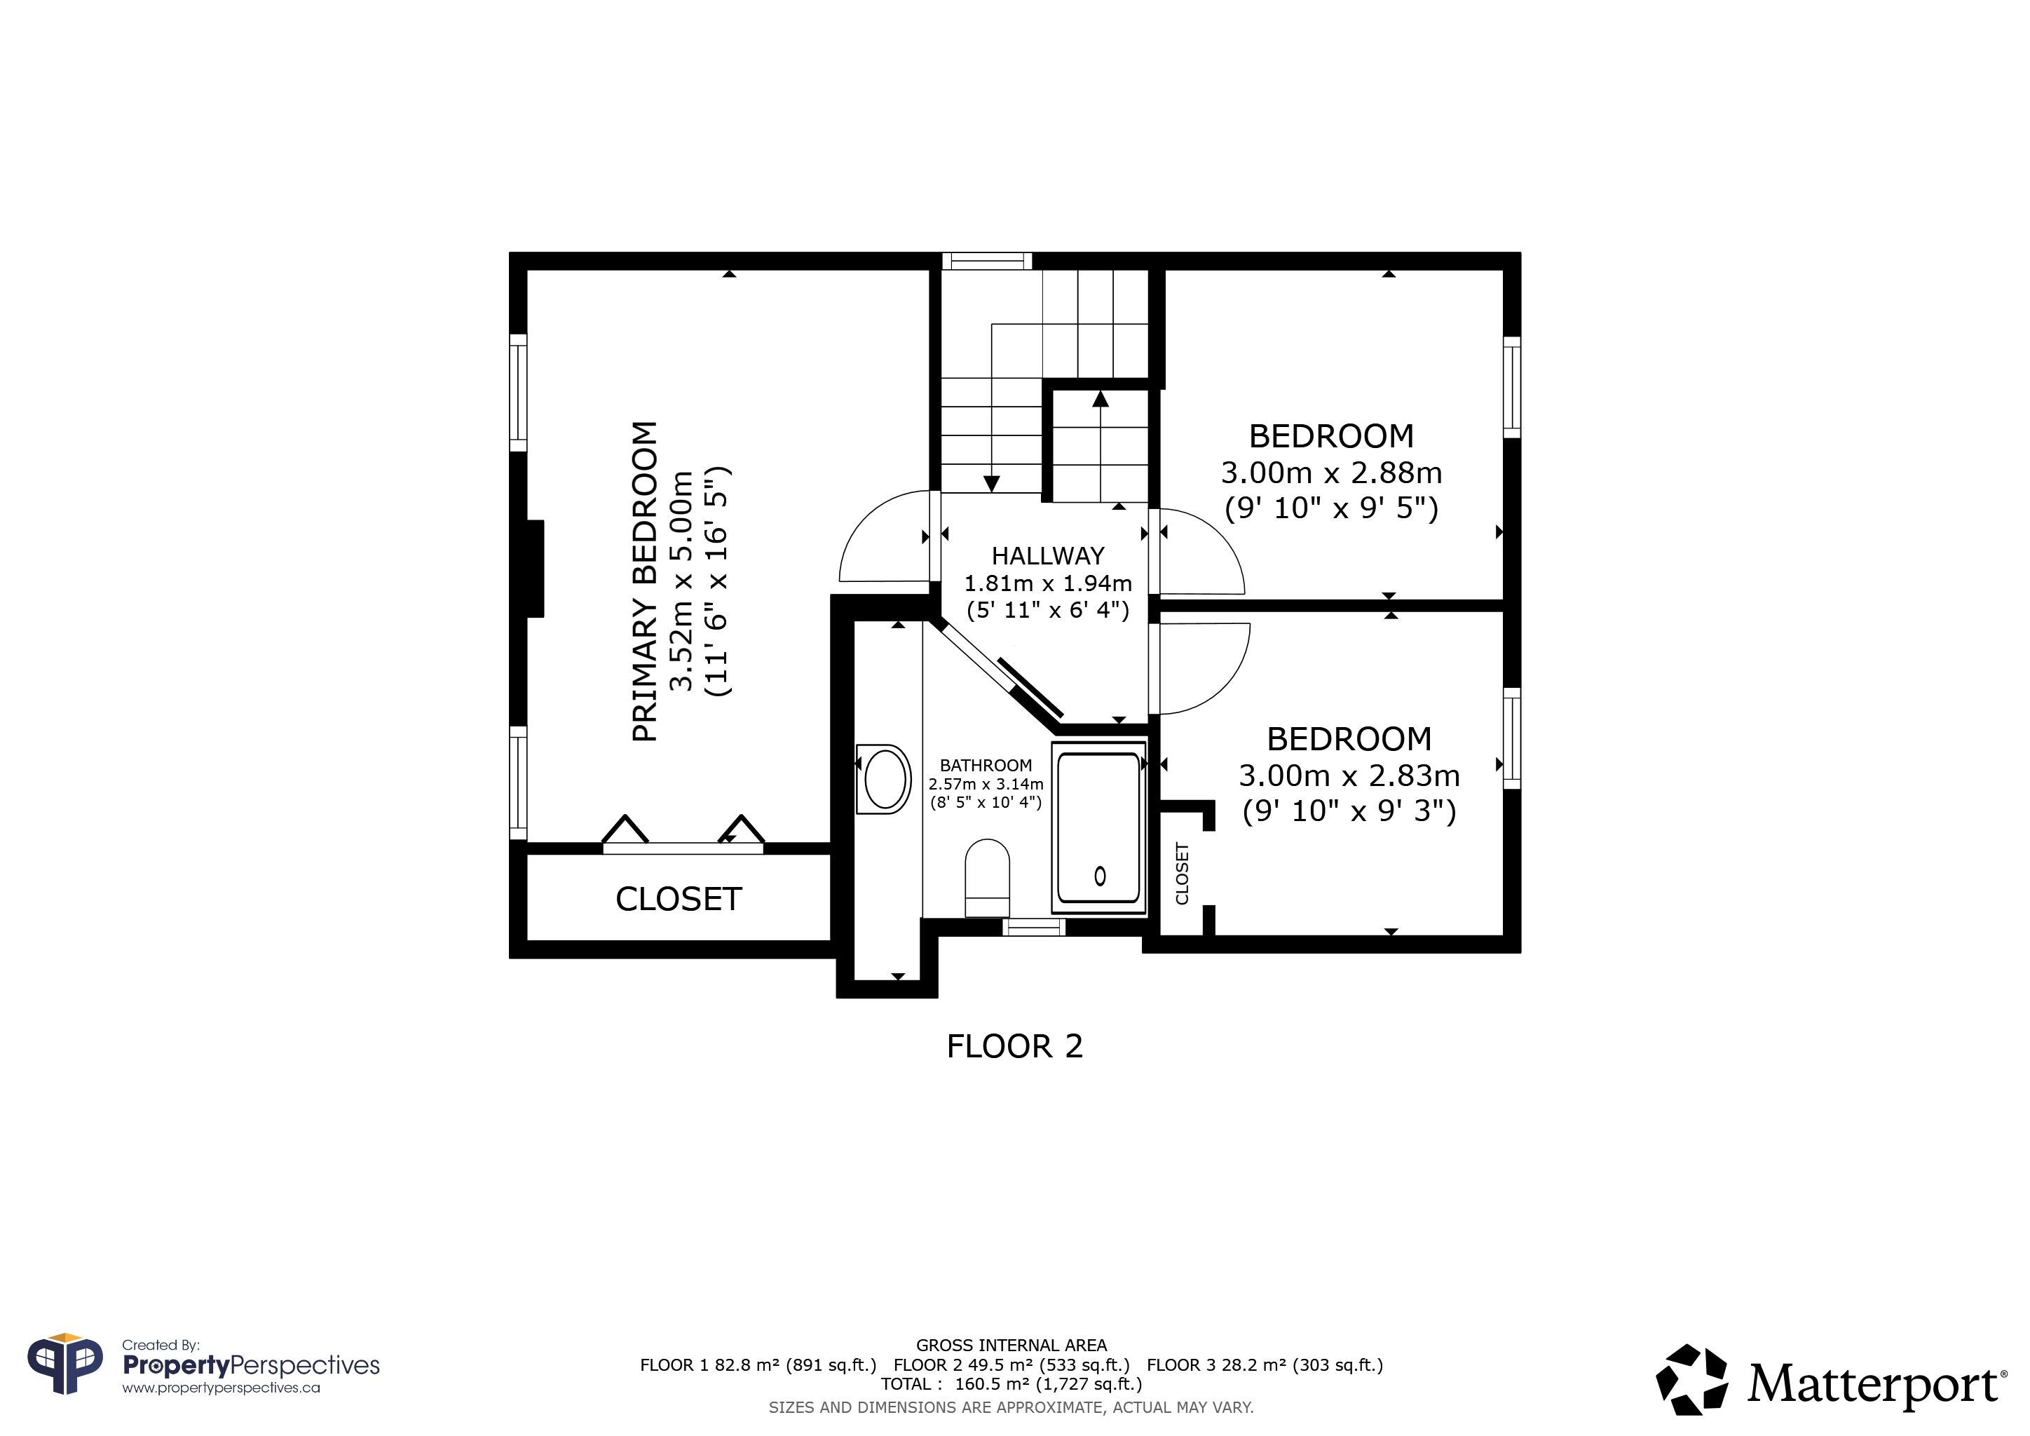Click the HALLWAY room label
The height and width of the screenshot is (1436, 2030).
pyautogui.click(x=1048, y=556)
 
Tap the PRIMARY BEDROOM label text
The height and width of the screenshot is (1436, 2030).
pyautogui.click(x=646, y=581)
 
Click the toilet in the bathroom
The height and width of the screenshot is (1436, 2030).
pyautogui.click(x=988, y=878)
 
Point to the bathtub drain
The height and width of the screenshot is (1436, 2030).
pyautogui.click(x=1100, y=876)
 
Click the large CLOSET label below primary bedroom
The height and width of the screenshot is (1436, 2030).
pyautogui.click(x=678, y=900)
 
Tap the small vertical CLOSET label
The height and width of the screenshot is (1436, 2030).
pyautogui.click(x=1182, y=873)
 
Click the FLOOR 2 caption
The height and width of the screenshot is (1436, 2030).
pyautogui.click(x=1014, y=1047)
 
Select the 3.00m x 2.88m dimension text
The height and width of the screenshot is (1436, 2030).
pyautogui.click(x=1332, y=473)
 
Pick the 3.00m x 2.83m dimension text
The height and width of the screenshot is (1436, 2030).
pyautogui.click(x=1349, y=775)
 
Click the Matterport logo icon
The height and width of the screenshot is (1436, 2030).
pyautogui.click(x=1691, y=1381)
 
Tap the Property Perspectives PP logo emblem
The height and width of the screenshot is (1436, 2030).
pyautogui.click(x=65, y=1366)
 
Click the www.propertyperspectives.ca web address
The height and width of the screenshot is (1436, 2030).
pyautogui.click(x=221, y=1388)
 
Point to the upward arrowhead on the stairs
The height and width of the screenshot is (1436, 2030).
pyautogui.click(x=1100, y=399)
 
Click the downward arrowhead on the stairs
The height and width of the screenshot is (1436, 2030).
pyautogui.click(x=991, y=484)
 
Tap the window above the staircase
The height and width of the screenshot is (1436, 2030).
pyautogui.click(x=987, y=261)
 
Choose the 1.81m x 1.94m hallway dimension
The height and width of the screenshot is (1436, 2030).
pyautogui.click(x=1048, y=583)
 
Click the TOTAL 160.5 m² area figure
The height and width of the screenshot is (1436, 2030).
pyautogui.click(x=1011, y=1384)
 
